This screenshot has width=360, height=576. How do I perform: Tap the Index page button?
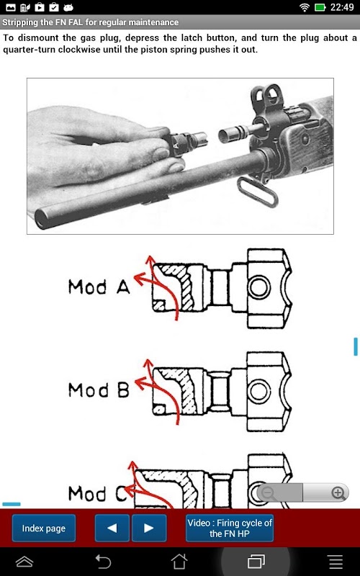tap(44, 528)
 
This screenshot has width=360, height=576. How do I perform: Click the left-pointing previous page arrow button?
tap(112, 528)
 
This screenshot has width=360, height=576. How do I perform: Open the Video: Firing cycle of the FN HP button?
tap(230, 528)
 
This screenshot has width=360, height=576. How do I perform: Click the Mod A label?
tap(99, 287)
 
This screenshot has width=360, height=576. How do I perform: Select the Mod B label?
tap(99, 390)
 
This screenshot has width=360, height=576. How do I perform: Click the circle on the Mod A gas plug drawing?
tap(259, 287)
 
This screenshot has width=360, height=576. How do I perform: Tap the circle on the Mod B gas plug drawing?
tap(259, 391)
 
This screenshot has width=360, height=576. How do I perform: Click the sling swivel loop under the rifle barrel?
tap(258, 192)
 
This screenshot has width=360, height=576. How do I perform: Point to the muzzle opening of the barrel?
tap(42, 219)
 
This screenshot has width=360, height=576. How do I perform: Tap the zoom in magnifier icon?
tap(337, 492)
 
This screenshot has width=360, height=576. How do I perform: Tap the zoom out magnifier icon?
tap(269, 492)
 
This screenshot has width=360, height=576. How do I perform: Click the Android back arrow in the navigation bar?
tap(103, 562)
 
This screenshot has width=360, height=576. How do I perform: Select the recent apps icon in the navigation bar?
tap(256, 562)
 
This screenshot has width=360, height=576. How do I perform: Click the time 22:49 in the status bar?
tap(342, 7)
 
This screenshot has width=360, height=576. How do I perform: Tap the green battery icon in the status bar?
tap(320, 7)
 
